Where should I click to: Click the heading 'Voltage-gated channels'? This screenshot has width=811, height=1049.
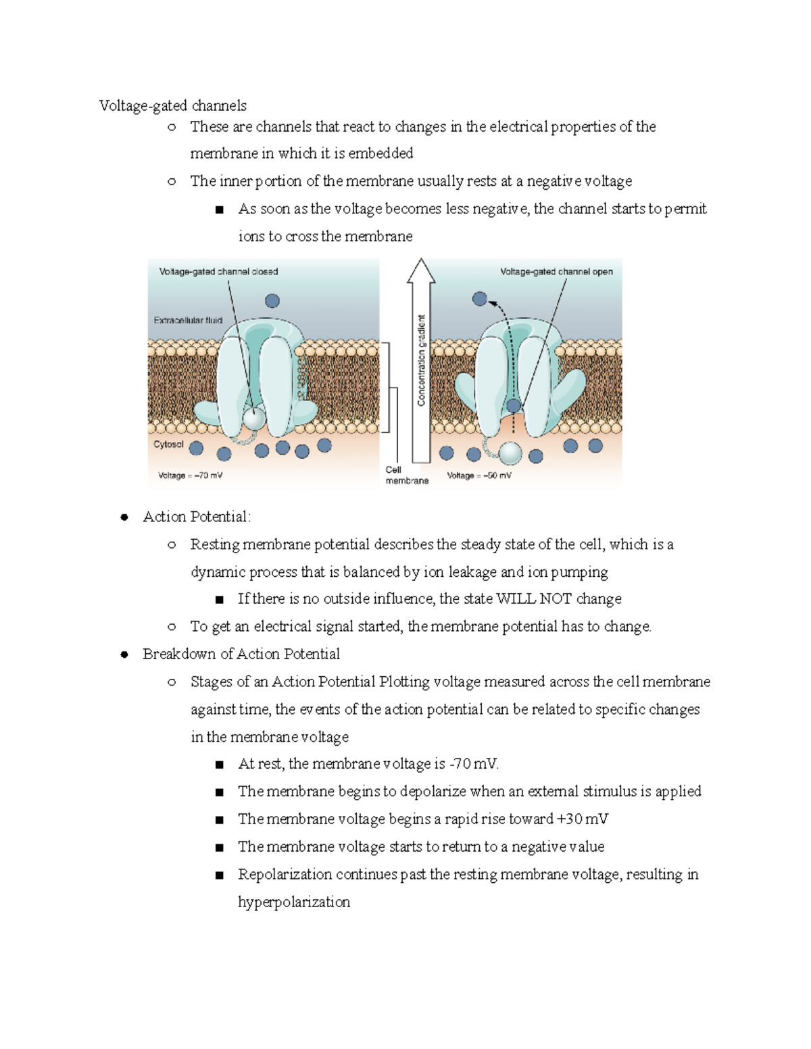click(172, 105)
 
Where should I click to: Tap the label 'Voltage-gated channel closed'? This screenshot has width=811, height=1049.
click(218, 272)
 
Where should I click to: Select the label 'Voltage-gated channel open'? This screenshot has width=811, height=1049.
click(556, 272)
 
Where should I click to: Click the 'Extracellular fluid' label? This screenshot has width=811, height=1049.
click(188, 320)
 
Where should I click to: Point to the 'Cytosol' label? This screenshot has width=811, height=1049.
click(168, 444)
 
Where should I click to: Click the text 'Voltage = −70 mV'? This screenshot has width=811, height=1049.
click(190, 476)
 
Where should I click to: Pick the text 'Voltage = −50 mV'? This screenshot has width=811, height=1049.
click(479, 476)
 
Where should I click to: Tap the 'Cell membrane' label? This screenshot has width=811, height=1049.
click(406, 475)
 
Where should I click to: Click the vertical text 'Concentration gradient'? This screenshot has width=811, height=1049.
click(422, 360)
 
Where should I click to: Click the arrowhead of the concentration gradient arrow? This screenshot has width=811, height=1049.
click(421, 270)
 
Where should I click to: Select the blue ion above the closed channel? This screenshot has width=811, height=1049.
click(272, 301)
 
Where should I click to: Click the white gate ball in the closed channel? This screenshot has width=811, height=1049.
click(255, 418)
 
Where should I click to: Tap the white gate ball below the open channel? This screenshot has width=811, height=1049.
click(510, 453)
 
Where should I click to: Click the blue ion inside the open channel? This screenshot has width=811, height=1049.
click(514, 405)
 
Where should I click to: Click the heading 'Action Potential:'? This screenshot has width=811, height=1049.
click(197, 517)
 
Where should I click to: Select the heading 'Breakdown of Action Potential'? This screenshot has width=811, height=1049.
click(241, 654)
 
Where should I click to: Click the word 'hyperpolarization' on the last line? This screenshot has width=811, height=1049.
click(294, 902)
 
